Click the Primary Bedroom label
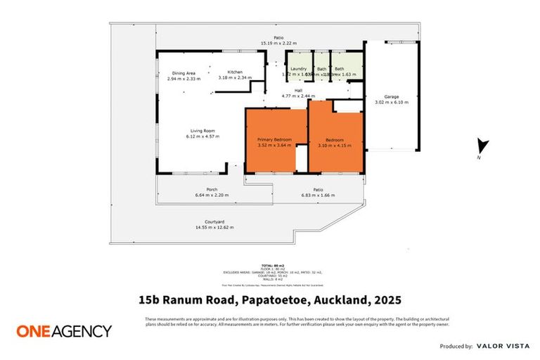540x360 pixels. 274,139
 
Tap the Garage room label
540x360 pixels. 391,97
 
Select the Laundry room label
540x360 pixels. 299,68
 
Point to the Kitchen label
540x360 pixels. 234,72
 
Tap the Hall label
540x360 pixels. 297,90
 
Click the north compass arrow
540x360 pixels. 482,146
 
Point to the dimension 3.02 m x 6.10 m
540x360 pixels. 391,103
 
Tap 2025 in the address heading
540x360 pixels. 387,300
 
